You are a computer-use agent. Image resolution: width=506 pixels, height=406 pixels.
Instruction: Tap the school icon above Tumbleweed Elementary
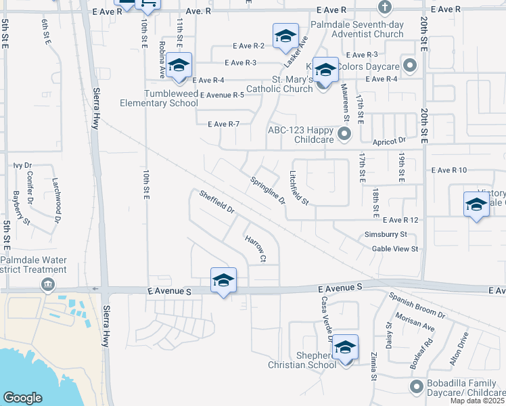[x=179, y=66]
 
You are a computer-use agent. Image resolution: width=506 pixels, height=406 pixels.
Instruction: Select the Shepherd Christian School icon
[x=345, y=348]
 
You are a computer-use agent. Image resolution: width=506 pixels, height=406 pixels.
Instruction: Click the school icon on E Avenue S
[x=223, y=281]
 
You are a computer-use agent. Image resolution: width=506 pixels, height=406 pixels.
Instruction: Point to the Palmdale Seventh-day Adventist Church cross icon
[x=385, y=8]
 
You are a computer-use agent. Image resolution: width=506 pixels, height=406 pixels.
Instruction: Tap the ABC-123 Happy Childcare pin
[x=344, y=134]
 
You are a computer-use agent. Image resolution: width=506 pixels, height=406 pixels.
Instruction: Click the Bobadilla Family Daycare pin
[x=415, y=386]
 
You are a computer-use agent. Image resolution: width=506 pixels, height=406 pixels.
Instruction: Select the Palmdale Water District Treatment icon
[x=47, y=284]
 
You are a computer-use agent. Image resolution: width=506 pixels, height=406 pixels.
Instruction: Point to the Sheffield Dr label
[x=216, y=202]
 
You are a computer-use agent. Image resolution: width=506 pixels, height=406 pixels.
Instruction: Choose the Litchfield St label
[x=299, y=187]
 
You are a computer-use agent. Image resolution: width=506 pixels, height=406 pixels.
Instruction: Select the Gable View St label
[x=395, y=249]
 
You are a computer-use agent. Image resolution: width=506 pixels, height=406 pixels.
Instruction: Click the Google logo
[x=22, y=397]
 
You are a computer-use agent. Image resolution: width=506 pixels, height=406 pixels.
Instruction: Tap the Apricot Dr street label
[x=388, y=141]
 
